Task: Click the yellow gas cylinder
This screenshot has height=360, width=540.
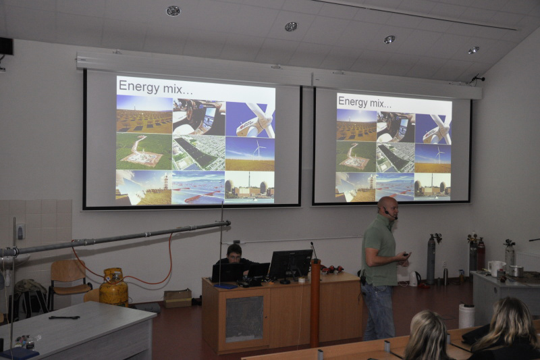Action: tap(113, 287)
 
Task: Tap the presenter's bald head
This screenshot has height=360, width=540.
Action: tap(387, 205)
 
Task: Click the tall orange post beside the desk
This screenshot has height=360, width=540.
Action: tap(315, 303)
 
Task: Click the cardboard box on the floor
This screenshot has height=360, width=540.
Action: tap(178, 298)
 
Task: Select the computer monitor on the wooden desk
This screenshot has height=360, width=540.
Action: tap(290, 265)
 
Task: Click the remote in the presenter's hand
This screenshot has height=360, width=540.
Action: tap(406, 254)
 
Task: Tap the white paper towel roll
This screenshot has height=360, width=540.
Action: tap(466, 315)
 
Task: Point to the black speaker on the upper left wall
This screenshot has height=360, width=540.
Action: tap(7, 46)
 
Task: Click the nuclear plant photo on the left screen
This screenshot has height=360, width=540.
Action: tap(250, 186)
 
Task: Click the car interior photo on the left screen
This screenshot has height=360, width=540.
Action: tap(198, 117)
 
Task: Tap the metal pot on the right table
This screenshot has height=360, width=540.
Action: tap(516, 271)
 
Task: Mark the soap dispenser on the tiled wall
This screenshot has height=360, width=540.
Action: tap(20, 231)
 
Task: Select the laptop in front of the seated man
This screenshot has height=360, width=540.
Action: tap(227, 273)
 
